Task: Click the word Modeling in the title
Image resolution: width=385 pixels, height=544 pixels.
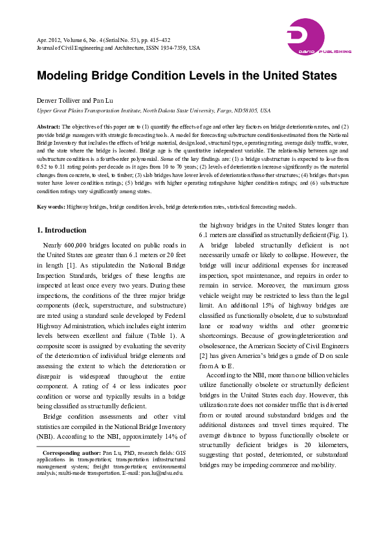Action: click(x=63, y=76)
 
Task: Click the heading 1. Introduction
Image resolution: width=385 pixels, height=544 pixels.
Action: click(x=61, y=230)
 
